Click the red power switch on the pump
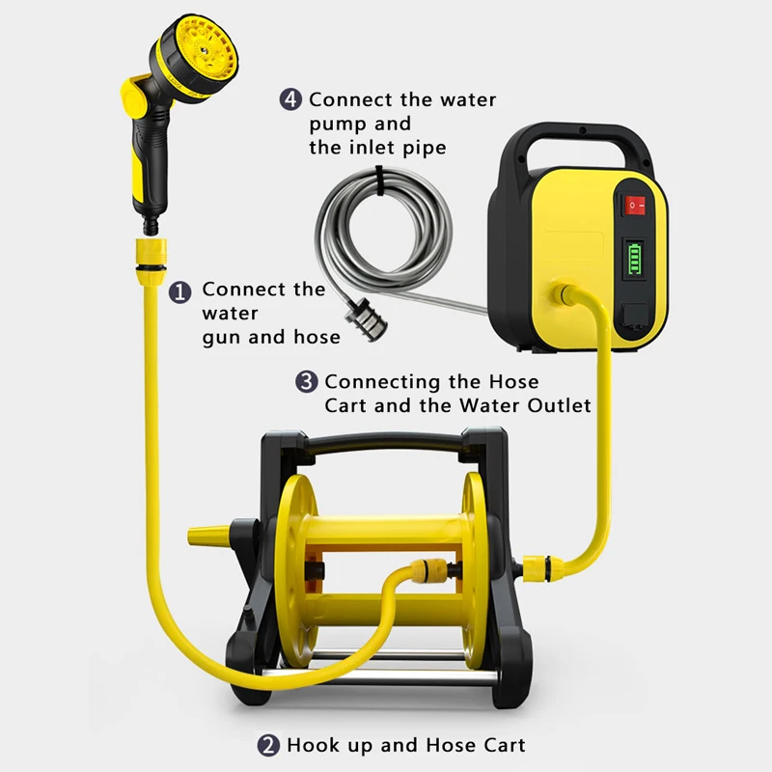point(633,204)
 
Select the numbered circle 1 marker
point(180,290)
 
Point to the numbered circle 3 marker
point(306,382)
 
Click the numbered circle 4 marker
point(291,99)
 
